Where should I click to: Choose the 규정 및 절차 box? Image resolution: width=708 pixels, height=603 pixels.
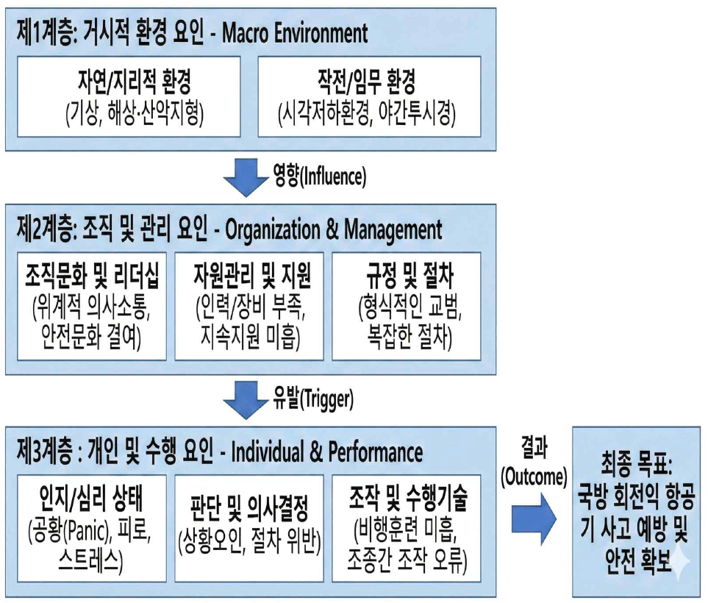point(406,306)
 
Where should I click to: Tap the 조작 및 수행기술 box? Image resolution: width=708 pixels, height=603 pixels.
point(406,527)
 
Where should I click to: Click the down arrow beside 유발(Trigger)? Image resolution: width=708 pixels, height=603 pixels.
point(246,399)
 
